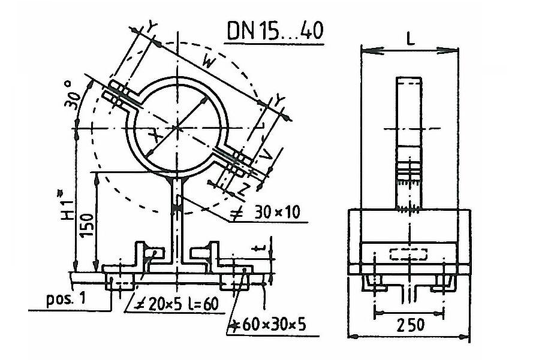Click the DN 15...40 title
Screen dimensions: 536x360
click(x=275, y=31)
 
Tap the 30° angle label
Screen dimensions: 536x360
click(x=73, y=95)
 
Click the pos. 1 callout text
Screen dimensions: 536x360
click(x=65, y=300)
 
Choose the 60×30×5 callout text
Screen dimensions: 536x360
click(x=267, y=325)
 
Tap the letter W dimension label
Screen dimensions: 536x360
click(x=209, y=62)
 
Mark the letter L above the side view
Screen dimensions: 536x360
click(x=410, y=40)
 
